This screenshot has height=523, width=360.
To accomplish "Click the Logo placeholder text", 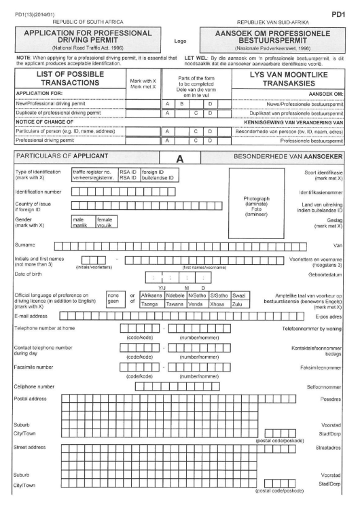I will tap(180, 40).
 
